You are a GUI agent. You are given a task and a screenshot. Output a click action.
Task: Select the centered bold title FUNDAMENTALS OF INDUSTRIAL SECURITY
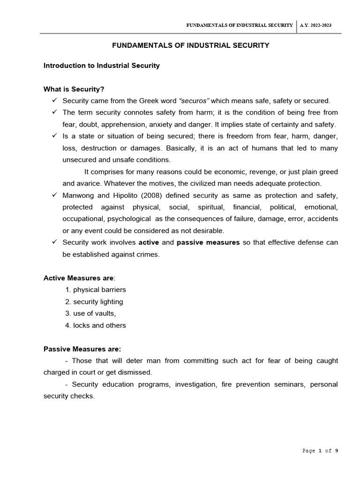pyautogui.click(x=190, y=45)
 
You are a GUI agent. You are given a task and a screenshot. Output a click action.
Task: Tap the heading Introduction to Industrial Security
pyautogui.click(x=102, y=66)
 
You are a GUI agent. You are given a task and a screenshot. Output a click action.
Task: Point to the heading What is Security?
pyautogui.click(x=74, y=89)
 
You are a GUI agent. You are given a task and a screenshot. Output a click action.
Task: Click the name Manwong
pyautogui.click(x=78, y=195)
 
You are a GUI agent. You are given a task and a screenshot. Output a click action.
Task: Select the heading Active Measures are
pyautogui.click(x=79, y=278)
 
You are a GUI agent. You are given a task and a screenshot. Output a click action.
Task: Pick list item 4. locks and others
pyautogui.click(x=96, y=325)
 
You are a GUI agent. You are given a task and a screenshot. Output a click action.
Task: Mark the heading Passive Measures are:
pyautogui.click(x=82, y=349)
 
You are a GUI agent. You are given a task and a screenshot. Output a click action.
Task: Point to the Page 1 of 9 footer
pyautogui.click(x=320, y=450)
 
